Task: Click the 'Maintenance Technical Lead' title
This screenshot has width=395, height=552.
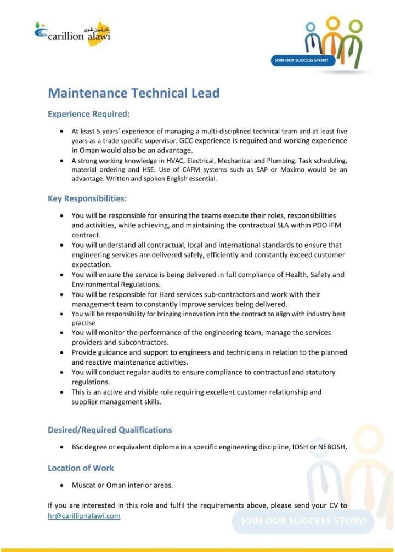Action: point(133,93)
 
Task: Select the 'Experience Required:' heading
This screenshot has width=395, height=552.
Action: point(89,115)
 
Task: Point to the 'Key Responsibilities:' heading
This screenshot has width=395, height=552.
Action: point(87,198)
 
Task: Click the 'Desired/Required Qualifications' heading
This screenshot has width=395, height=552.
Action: point(110,430)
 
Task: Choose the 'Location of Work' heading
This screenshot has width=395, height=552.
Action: point(81,468)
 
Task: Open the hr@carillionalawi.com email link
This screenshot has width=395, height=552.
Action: point(84,516)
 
